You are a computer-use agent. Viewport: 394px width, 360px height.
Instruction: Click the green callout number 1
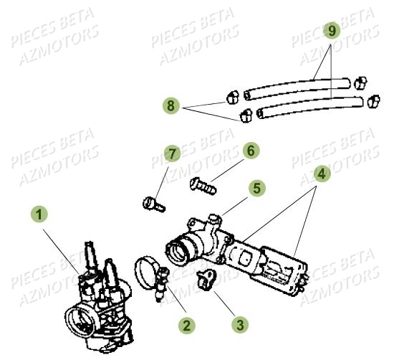point(39,214)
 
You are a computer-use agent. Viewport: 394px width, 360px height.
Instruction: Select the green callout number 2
point(186,326)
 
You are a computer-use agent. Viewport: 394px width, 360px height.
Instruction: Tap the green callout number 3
point(241,325)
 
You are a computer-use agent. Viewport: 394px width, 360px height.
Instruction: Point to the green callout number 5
point(258,189)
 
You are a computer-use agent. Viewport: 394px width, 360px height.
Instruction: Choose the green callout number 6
point(250,151)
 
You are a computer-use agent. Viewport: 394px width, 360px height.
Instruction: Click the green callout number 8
point(170,106)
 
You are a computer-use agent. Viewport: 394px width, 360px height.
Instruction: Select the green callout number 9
point(330,31)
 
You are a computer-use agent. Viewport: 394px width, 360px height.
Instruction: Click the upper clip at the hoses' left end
point(233,95)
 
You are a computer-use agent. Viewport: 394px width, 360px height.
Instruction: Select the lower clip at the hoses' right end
point(373,103)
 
